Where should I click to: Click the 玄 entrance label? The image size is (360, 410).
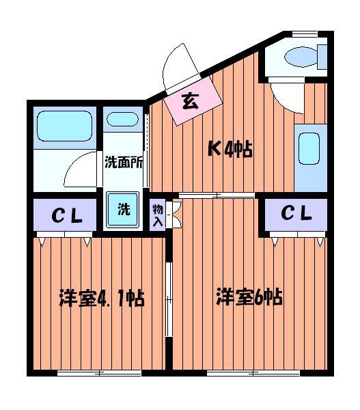(x=191, y=101)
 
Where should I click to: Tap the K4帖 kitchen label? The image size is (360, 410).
(x=230, y=150)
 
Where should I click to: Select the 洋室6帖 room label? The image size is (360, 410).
(x=249, y=297)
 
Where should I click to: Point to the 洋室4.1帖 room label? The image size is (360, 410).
(x=102, y=298)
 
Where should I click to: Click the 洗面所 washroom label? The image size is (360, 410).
(x=124, y=163)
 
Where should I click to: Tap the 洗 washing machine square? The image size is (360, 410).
(x=122, y=209)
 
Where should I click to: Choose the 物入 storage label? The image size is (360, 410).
(x=158, y=215)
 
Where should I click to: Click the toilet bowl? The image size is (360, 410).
(x=301, y=57)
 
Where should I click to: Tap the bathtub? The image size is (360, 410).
(x=65, y=126)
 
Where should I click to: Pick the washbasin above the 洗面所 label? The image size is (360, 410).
(x=122, y=119)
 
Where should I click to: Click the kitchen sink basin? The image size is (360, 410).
(x=309, y=149)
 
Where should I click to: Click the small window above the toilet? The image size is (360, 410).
(x=305, y=34)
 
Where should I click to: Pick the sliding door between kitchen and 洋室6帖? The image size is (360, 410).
(x=217, y=195)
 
